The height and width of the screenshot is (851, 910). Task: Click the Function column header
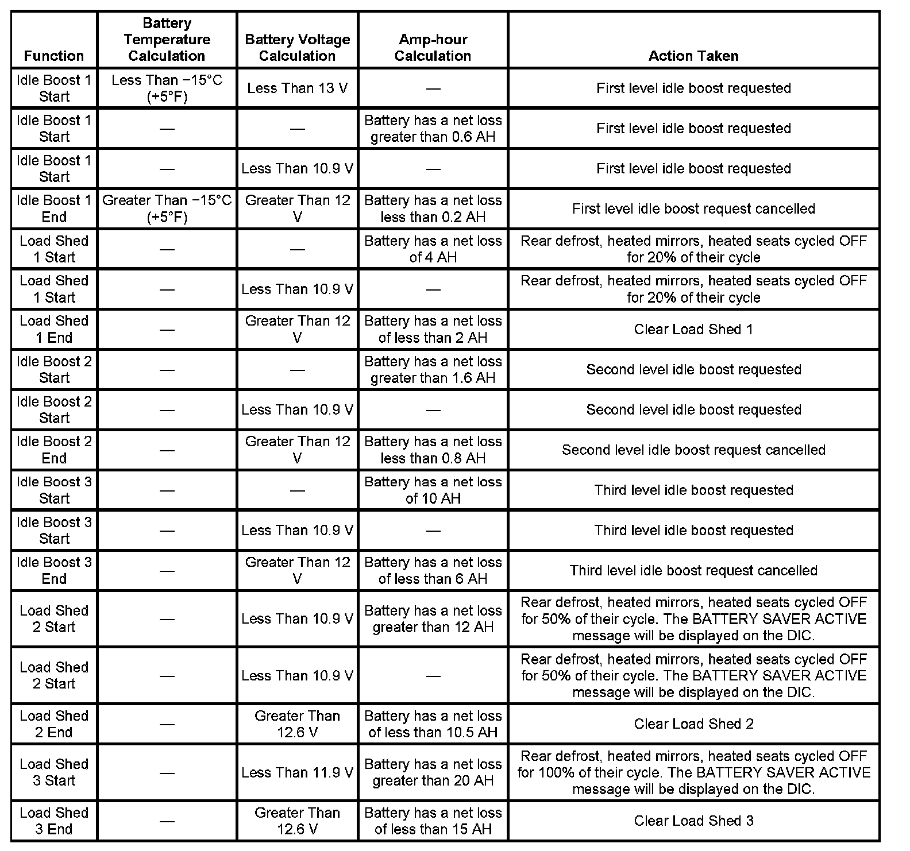coord(54,56)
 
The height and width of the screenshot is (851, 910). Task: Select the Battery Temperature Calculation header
coord(167,40)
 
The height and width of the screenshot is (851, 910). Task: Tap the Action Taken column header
coord(693,56)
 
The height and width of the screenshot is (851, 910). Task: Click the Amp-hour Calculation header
coord(433,48)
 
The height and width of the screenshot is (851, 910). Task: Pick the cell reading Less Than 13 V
coord(297,88)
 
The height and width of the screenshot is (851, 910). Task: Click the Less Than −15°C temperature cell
coord(167,88)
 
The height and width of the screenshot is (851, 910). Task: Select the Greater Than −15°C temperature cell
coord(167,208)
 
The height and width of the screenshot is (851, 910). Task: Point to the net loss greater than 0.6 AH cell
coord(433,129)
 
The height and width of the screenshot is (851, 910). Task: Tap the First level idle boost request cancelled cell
coord(693,208)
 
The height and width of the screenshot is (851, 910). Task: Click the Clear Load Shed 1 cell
coord(693,329)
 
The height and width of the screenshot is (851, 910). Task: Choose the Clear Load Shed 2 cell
coord(693,724)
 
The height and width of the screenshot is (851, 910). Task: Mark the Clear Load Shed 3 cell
coord(693,821)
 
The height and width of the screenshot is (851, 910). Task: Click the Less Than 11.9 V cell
coord(297,772)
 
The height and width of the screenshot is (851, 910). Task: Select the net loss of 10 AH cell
coord(433,490)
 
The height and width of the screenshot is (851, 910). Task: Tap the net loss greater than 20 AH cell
coord(433,772)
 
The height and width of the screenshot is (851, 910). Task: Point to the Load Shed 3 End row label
coord(54,821)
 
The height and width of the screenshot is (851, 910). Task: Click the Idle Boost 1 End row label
coord(54,208)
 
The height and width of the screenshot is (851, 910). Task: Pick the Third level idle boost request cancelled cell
coord(693,570)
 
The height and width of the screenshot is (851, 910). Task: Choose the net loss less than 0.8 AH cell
coord(433,450)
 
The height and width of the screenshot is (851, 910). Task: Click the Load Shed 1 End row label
coord(54,329)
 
